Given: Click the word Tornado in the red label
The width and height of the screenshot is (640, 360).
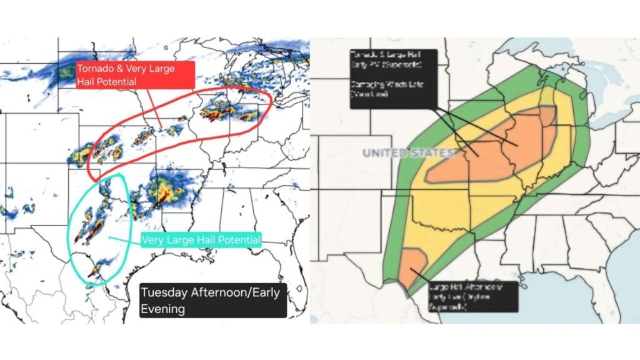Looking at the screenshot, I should (94, 69).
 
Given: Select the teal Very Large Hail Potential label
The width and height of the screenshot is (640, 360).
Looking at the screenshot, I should (201, 239).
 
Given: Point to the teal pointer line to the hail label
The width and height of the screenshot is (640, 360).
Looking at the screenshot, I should (125, 238).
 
